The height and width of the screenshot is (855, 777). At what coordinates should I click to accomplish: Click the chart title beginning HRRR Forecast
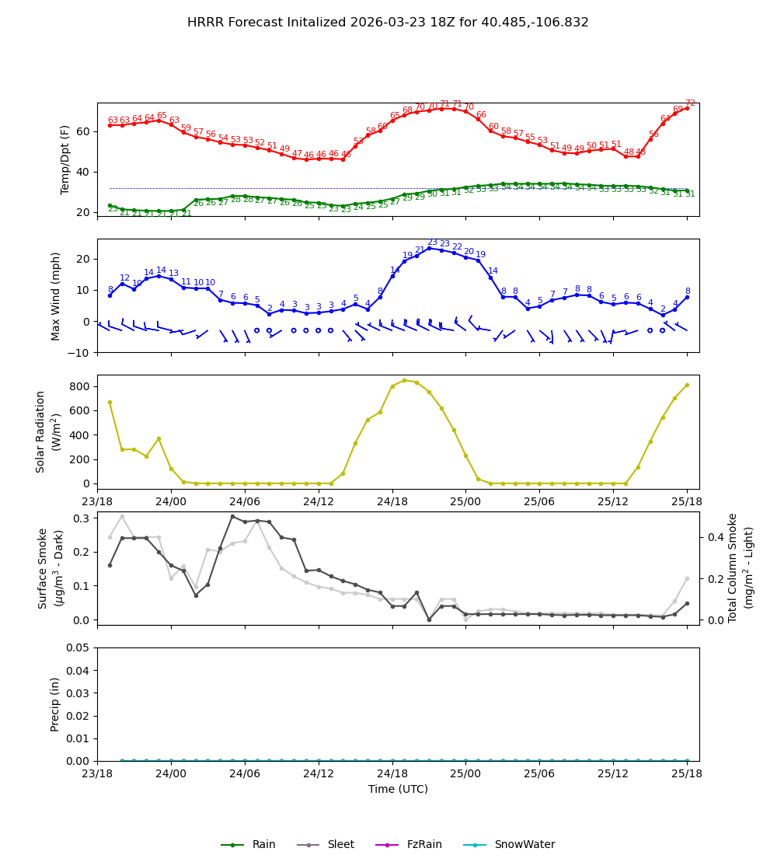(388, 23)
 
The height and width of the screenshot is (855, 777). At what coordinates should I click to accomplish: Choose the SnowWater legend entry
(524, 844)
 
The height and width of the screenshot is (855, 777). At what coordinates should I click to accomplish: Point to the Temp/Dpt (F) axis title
(65, 159)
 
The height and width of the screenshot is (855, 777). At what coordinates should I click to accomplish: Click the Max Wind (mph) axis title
(55, 295)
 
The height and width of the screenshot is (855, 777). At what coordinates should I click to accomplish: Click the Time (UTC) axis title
(398, 789)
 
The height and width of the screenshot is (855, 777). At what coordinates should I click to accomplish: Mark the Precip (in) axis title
(55, 704)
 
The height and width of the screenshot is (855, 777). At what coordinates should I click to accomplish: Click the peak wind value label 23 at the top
(432, 243)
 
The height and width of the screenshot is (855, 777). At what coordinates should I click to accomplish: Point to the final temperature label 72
(690, 103)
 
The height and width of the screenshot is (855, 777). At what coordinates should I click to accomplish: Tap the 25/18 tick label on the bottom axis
(687, 774)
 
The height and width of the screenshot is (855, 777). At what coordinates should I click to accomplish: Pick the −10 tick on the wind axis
(77, 353)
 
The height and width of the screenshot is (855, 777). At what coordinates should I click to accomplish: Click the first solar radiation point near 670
(110, 402)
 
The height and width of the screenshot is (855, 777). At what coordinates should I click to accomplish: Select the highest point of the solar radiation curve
(404, 380)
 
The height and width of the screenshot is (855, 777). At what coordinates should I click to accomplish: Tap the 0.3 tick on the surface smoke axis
(81, 518)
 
